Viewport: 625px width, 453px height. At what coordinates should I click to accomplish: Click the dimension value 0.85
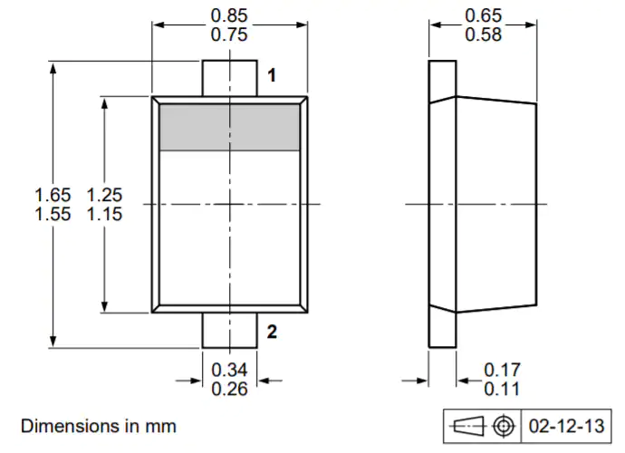point(229,15)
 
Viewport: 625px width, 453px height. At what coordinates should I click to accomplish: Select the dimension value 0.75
point(229,34)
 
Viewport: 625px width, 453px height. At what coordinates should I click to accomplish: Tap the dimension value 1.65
point(53,195)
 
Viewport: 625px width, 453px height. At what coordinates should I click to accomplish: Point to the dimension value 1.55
point(53,214)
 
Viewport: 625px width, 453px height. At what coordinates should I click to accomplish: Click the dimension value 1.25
point(104,195)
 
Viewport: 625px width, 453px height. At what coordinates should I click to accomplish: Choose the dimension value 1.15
point(104,214)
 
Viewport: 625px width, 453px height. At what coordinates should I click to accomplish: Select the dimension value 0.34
point(229,370)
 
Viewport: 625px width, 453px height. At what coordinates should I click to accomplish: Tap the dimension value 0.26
point(229,390)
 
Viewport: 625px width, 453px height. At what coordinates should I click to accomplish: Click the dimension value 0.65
point(483,15)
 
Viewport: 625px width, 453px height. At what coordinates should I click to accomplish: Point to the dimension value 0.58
point(483,34)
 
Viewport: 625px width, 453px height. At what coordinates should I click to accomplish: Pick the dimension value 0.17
point(502,370)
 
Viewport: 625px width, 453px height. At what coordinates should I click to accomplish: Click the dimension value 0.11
point(502,390)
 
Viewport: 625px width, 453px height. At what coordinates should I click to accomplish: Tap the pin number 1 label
point(272,75)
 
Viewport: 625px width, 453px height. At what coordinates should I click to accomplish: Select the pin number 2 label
point(272,332)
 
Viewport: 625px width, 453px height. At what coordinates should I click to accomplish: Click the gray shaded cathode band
point(229,128)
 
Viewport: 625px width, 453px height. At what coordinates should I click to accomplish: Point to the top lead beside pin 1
point(229,78)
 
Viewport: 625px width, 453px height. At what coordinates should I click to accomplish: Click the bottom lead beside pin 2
point(229,330)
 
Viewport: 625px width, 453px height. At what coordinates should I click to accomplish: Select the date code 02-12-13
point(566,427)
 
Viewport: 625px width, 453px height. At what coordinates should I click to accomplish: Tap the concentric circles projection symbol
point(504,426)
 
